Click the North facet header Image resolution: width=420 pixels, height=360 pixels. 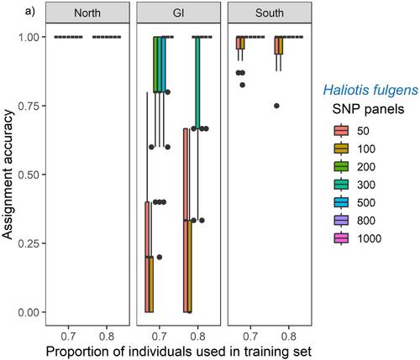[87, 13]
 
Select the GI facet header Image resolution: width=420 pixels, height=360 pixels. [178, 13]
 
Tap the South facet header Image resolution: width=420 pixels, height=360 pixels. [270, 13]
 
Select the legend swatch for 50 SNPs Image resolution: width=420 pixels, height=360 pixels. [341, 131]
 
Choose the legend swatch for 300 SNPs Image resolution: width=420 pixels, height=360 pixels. [341, 185]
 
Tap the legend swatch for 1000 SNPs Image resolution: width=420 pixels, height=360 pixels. [341, 238]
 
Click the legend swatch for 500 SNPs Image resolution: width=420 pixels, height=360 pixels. [341, 202]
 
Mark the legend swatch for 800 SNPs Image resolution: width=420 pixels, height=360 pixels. [341, 221]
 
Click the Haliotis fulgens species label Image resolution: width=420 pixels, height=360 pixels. [370, 91]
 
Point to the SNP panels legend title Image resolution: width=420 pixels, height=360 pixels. [368, 109]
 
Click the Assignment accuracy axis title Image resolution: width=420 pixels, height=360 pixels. [8, 175]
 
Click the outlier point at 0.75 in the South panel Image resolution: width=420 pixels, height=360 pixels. [276, 106]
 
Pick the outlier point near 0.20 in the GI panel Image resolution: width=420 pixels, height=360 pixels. [160, 257]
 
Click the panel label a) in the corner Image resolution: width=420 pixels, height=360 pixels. [30, 12]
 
